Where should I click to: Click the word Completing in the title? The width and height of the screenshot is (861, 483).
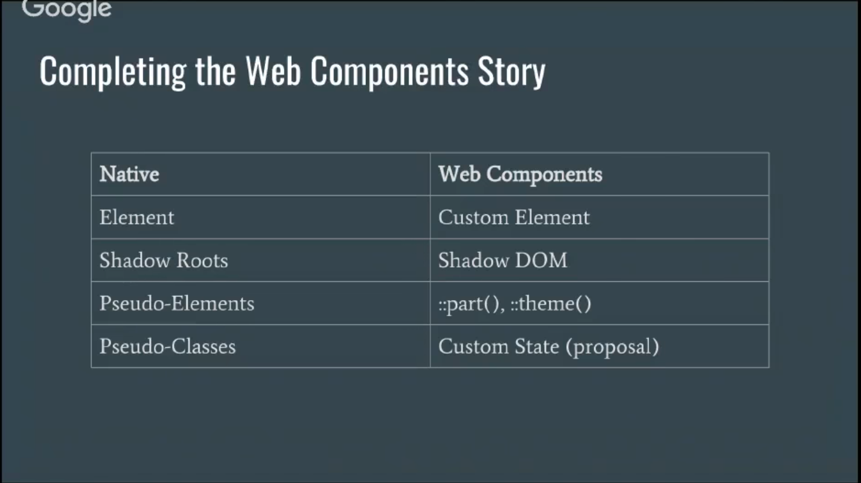113,72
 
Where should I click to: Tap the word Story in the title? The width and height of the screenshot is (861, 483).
511,72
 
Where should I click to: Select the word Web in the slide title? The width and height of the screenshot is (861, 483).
273,71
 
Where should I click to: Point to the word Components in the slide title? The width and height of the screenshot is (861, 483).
389,72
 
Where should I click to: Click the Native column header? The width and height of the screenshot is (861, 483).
129,174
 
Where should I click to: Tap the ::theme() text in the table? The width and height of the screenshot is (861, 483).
551,304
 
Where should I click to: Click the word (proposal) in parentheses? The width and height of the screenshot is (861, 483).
612,347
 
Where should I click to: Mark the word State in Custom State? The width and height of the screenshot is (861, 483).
537,347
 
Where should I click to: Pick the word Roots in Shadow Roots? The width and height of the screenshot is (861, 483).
202,261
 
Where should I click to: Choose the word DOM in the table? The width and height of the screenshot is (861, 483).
541,261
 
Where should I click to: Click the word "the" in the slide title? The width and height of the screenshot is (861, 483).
215,71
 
